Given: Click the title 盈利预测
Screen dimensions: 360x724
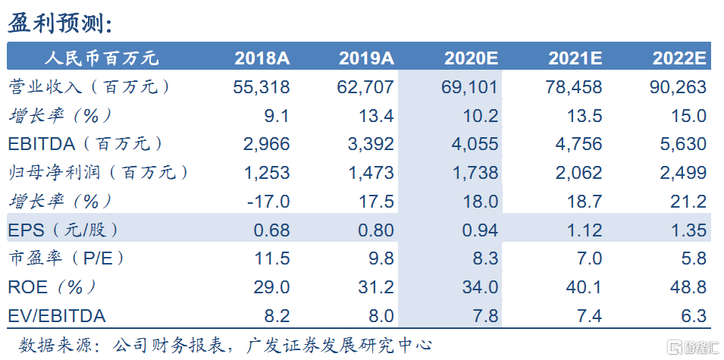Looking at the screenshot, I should tap(61, 23).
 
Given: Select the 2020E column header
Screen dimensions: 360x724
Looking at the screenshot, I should tap(470, 58).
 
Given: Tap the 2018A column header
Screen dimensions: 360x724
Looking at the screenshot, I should tap(262, 58).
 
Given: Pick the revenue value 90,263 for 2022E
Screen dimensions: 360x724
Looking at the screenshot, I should tap(678, 87).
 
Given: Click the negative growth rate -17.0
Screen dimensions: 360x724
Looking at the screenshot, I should tap(267, 202).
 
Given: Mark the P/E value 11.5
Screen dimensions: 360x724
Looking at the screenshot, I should tap(272, 258).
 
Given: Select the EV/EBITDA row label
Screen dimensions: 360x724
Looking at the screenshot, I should tap(58, 316).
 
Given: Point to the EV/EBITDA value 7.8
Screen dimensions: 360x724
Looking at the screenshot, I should tap(485, 316).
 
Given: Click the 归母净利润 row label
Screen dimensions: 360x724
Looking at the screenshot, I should tap(98, 173).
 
